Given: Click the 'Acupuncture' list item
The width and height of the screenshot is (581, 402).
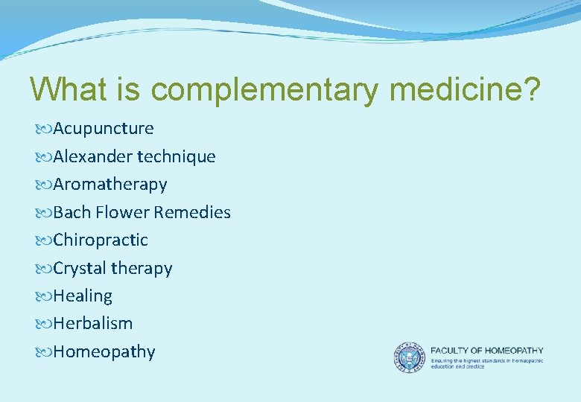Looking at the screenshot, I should [103, 128].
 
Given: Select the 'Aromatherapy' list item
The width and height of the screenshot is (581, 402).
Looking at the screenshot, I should [109, 184].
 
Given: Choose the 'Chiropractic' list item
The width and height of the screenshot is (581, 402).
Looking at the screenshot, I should [101, 240].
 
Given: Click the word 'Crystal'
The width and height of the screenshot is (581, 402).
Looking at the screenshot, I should [80, 268].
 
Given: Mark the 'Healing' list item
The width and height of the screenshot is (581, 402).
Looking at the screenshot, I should [83, 296].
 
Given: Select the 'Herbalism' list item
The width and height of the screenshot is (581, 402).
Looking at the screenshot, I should [92, 323].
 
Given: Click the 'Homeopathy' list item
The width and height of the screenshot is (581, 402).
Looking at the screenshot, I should [104, 351].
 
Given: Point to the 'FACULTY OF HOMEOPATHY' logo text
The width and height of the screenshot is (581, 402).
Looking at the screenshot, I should [487, 350].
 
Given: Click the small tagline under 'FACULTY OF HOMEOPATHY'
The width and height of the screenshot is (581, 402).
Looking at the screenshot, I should [487, 363].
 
